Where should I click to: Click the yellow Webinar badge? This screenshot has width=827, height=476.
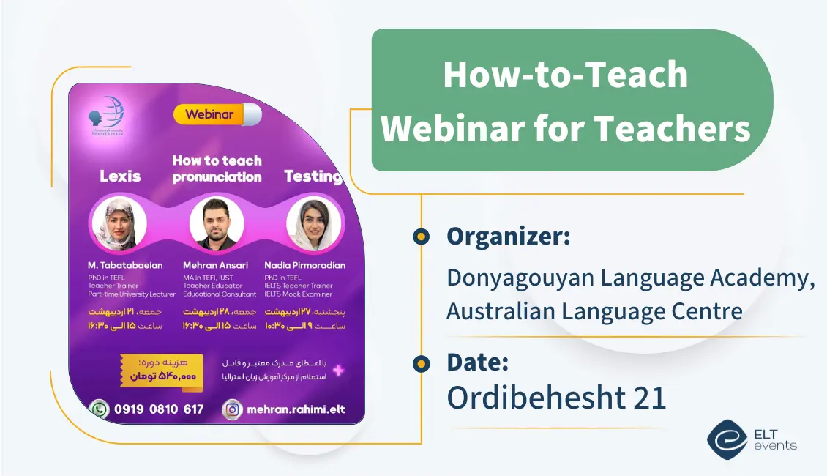[209, 114]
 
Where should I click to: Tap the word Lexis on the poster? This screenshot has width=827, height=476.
[120, 176]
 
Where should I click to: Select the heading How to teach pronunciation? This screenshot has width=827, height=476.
[217, 168]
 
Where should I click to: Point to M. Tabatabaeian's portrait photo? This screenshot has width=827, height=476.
[118, 224]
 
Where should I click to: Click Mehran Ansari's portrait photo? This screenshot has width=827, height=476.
[217, 224]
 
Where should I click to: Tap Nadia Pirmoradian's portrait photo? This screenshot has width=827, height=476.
[314, 224]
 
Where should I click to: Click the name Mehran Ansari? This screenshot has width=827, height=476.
[215, 265]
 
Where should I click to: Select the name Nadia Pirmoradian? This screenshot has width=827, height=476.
[305, 265]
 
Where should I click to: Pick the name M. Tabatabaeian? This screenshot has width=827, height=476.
[124, 265]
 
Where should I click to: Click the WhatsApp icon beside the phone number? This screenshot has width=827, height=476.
[99, 409]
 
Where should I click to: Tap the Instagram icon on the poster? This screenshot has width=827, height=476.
[232, 409]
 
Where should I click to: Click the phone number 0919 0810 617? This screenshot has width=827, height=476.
[159, 409]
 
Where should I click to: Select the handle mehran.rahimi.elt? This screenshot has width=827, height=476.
[296, 409]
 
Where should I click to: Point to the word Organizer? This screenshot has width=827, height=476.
[508, 237]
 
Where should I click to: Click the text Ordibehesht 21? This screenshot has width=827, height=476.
[556, 398]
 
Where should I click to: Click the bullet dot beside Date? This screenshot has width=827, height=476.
[421, 363]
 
